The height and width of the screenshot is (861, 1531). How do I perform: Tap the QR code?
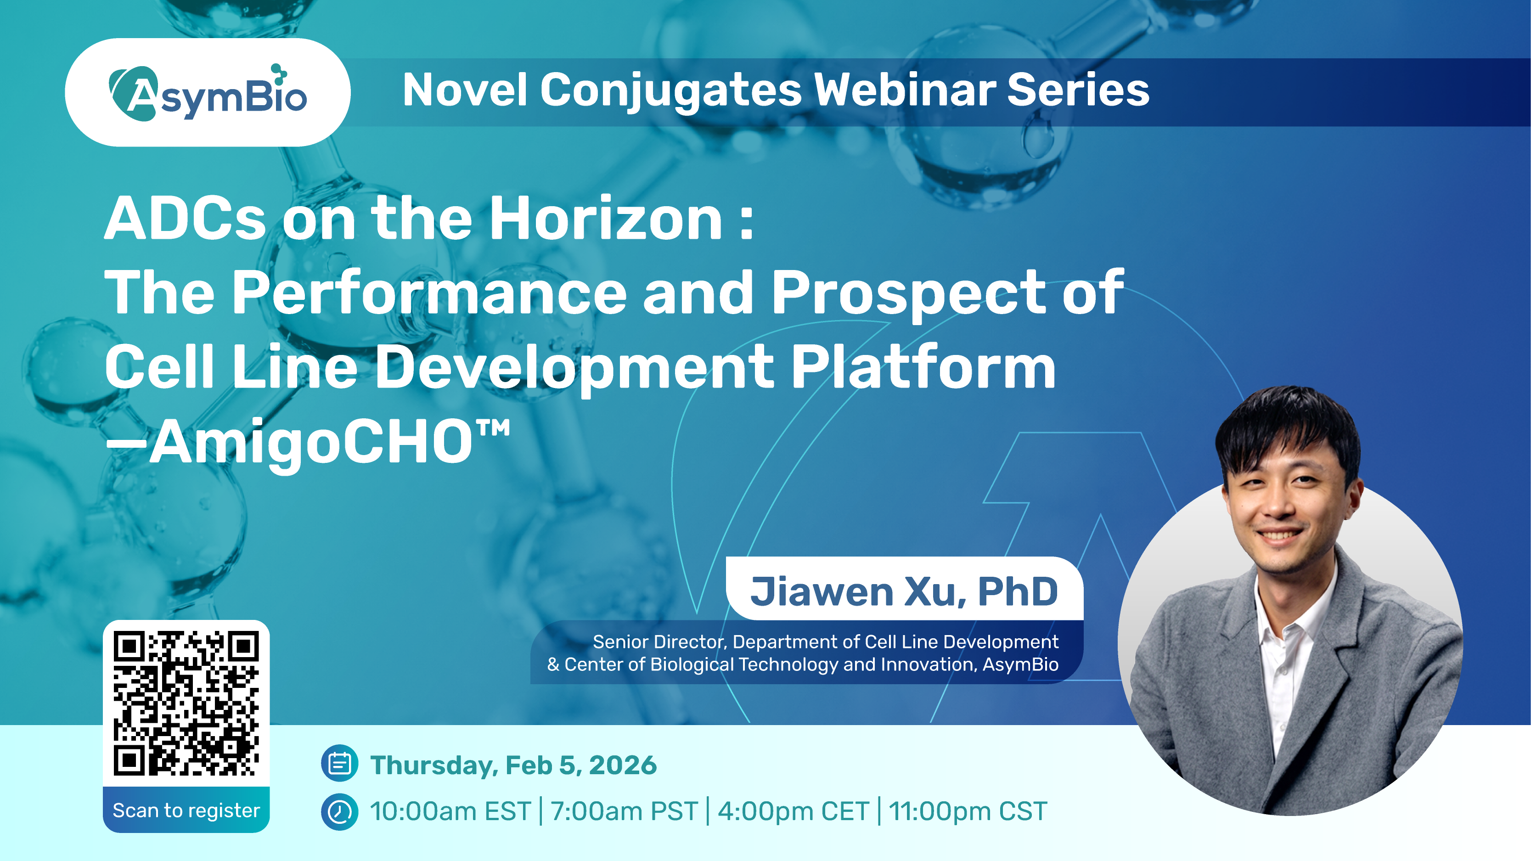coord(186,704)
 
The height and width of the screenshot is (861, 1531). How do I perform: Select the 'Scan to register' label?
coord(186,810)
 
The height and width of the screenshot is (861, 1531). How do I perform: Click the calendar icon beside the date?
coord(339,764)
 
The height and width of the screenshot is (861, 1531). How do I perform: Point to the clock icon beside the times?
coord(339,812)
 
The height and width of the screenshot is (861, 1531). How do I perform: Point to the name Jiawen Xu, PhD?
coord(904,592)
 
